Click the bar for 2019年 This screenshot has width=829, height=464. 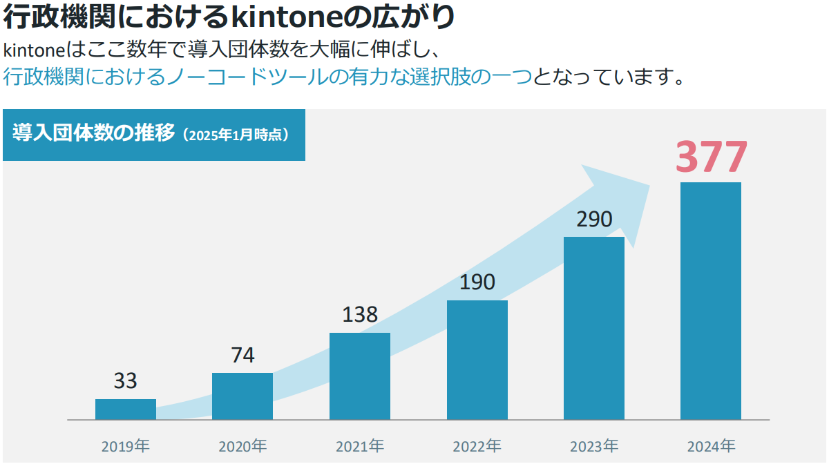tap(126, 409)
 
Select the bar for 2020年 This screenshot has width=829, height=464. tap(242, 396)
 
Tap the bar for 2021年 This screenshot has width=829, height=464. tap(360, 376)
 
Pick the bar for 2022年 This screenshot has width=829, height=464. tap(477, 360)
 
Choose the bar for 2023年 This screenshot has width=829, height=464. tap(594, 328)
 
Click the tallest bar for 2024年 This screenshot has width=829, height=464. tap(711, 301)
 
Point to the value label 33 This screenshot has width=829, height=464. tap(126, 381)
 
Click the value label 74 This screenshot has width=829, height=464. tap(242, 356)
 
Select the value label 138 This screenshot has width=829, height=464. tap(360, 315)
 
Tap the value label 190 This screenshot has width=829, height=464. tap(477, 282)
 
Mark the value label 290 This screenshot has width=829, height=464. tap(594, 220)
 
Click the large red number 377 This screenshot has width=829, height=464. tap(711, 158)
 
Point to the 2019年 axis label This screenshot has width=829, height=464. tap(126, 446)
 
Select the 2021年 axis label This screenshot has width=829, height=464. tap(360, 446)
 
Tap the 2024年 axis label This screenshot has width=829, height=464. tap(711, 446)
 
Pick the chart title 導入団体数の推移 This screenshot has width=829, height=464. tap(94, 133)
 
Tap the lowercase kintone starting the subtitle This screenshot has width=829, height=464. tap(33, 51)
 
